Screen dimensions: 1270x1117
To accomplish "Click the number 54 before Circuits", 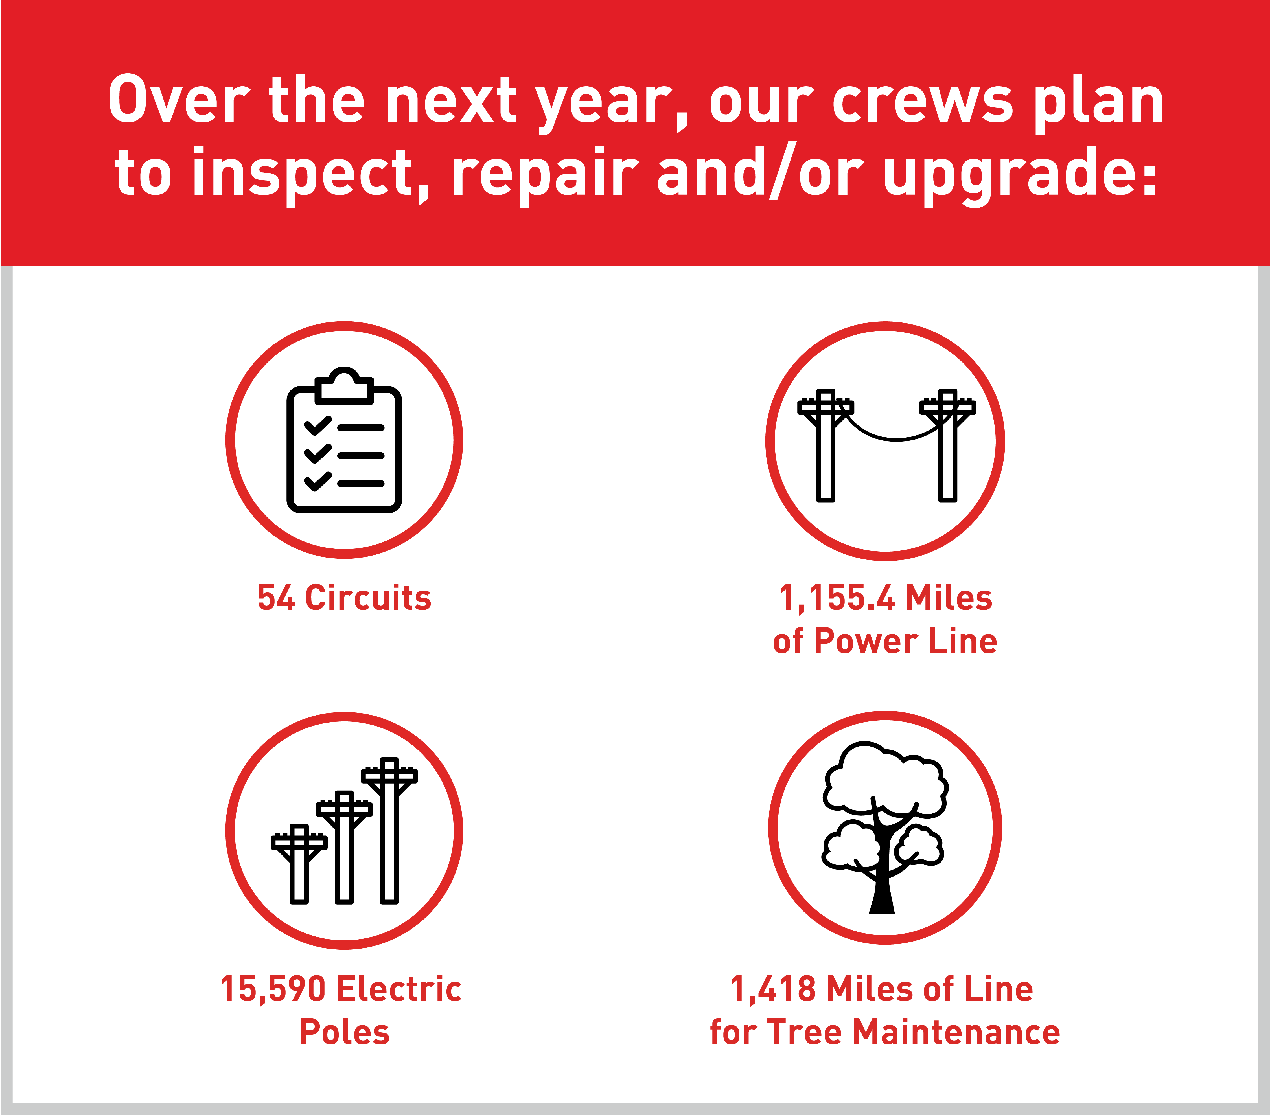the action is click(x=276, y=598).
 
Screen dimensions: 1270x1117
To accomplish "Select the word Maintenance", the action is click(x=957, y=1033).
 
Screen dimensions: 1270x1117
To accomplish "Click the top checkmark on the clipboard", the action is click(x=317, y=425).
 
